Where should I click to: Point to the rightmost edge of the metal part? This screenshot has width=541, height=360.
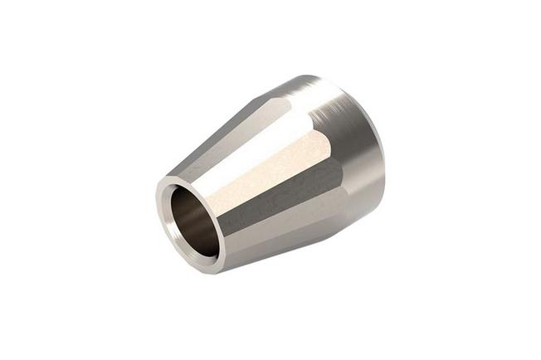[384, 149]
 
